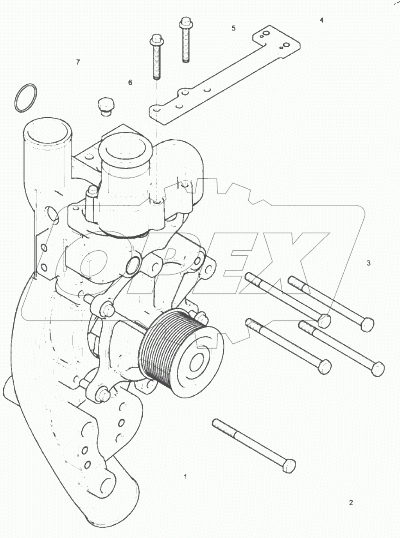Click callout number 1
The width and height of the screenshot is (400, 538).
pos(185,477)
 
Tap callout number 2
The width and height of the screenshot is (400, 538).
pos(351,502)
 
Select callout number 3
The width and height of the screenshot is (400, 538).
pos(368,263)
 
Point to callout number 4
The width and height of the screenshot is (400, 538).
pos(321,20)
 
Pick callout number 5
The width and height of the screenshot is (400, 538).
pos(233,28)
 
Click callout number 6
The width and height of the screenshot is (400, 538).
pos(130,82)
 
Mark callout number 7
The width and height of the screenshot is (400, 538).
pos(78,62)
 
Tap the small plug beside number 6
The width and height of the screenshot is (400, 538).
pos(104,106)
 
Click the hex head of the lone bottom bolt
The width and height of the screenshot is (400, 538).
pos(289,466)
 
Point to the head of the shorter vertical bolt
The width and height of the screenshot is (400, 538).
pos(156,39)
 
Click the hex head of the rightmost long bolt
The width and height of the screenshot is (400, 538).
pos(378,369)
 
